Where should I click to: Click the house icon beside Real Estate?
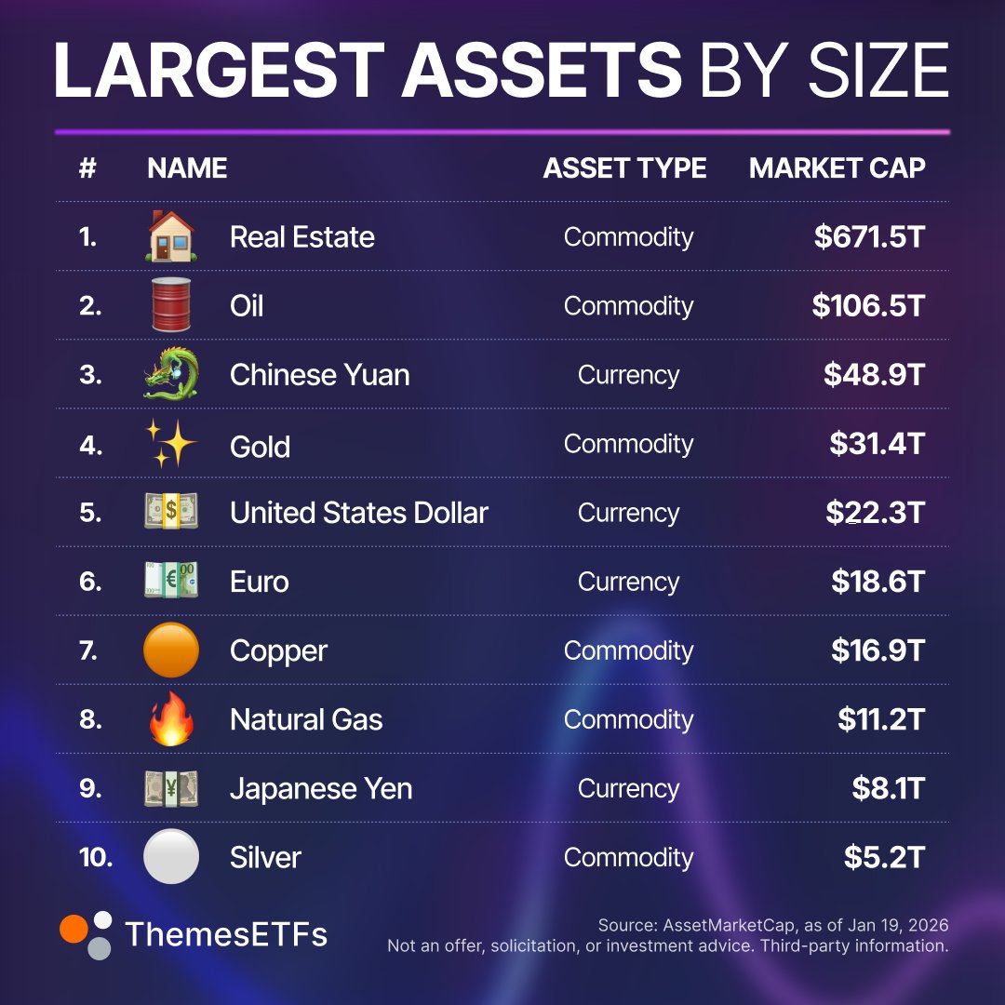pyautogui.click(x=171, y=236)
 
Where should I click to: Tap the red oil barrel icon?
pyautogui.click(x=171, y=305)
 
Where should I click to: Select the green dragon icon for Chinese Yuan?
pyautogui.click(x=171, y=374)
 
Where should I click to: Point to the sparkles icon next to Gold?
pyautogui.click(x=171, y=444)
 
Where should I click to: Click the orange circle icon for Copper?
pyautogui.click(x=171, y=650)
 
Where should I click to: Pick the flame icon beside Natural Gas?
pyautogui.click(x=171, y=718)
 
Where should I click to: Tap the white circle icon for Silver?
pyautogui.click(x=171, y=856)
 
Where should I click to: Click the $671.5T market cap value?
pyautogui.click(x=869, y=237)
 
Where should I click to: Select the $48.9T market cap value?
pyautogui.click(x=874, y=375)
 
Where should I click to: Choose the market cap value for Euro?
pyautogui.click(x=878, y=582)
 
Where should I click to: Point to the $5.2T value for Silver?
pyautogui.click(x=884, y=857)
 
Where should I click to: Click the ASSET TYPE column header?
pyautogui.click(x=624, y=168)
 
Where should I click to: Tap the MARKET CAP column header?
pyautogui.click(x=837, y=168)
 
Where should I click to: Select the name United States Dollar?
pyautogui.click(x=358, y=513)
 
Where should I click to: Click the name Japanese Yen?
pyautogui.click(x=320, y=788)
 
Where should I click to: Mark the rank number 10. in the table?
pyautogui.click(x=96, y=857)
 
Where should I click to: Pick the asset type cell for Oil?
pyautogui.click(x=628, y=306)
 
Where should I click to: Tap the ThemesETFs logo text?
pyautogui.click(x=226, y=933)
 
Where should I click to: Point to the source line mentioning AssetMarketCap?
pyautogui.click(x=772, y=925)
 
